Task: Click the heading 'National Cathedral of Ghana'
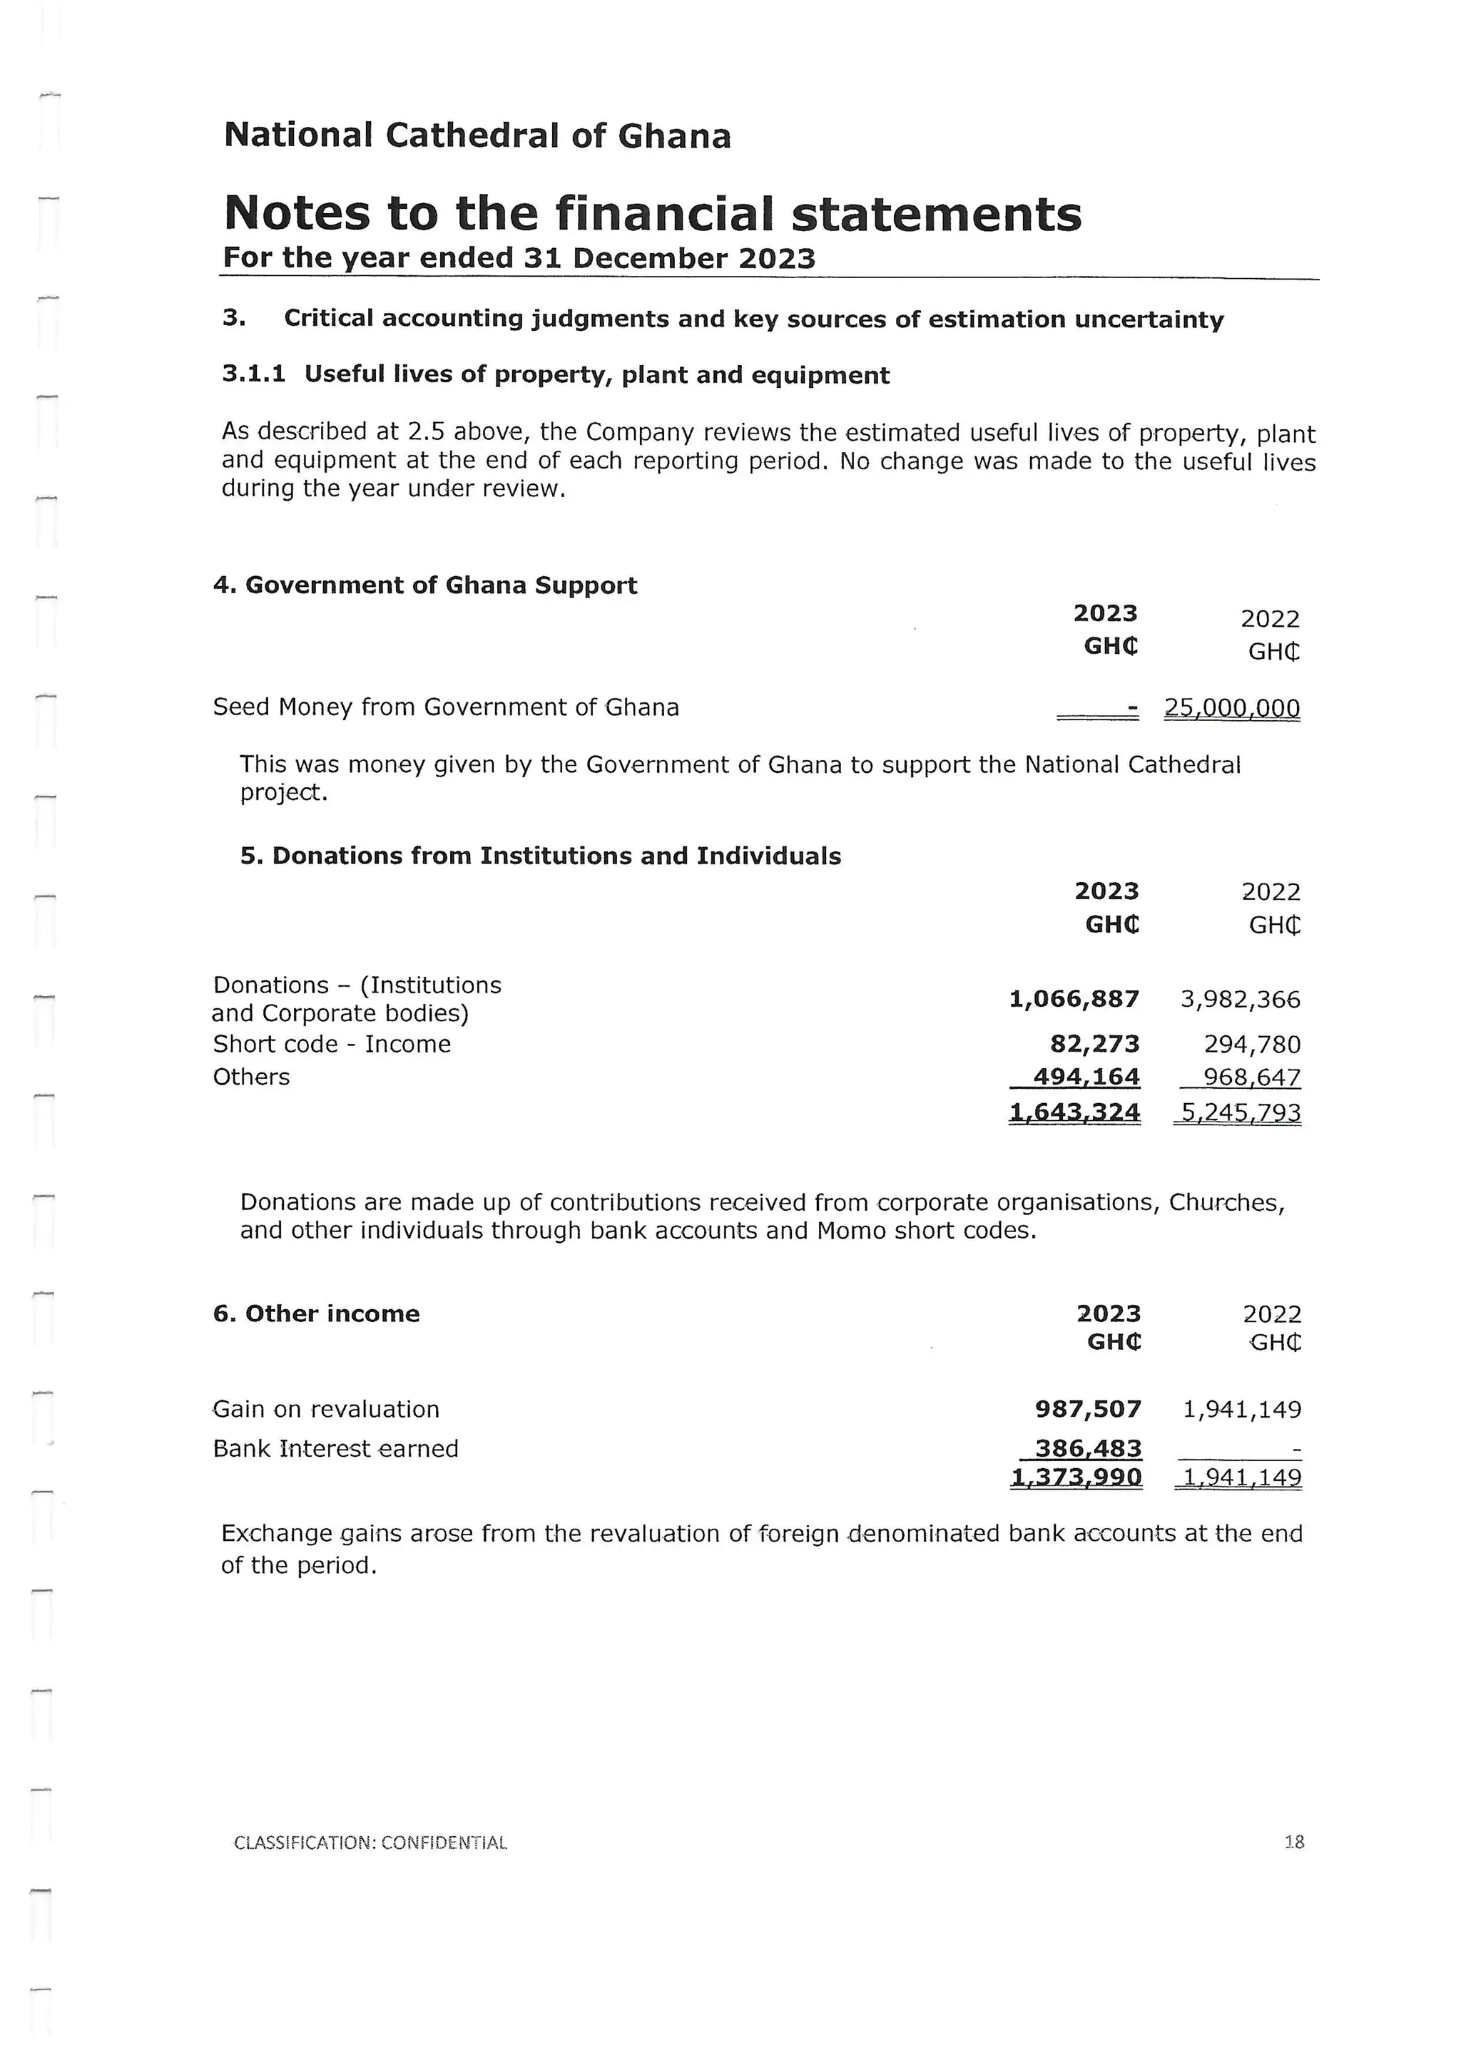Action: (477, 135)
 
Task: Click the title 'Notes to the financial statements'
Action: (652, 214)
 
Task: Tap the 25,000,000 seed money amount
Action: (1231, 708)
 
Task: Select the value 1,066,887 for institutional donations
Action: (1074, 998)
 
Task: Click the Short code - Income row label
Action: (332, 1043)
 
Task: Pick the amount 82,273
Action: (1095, 1043)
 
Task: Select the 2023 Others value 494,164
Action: (1086, 1077)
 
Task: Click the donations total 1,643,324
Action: (1074, 1112)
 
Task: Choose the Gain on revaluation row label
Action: (327, 1408)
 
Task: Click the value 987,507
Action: (1088, 1408)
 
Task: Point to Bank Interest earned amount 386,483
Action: (1088, 1448)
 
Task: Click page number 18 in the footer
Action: (1293, 1842)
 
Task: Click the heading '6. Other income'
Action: (317, 1313)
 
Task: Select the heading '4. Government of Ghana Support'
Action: (424, 585)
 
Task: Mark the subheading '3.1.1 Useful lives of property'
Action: (556, 374)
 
